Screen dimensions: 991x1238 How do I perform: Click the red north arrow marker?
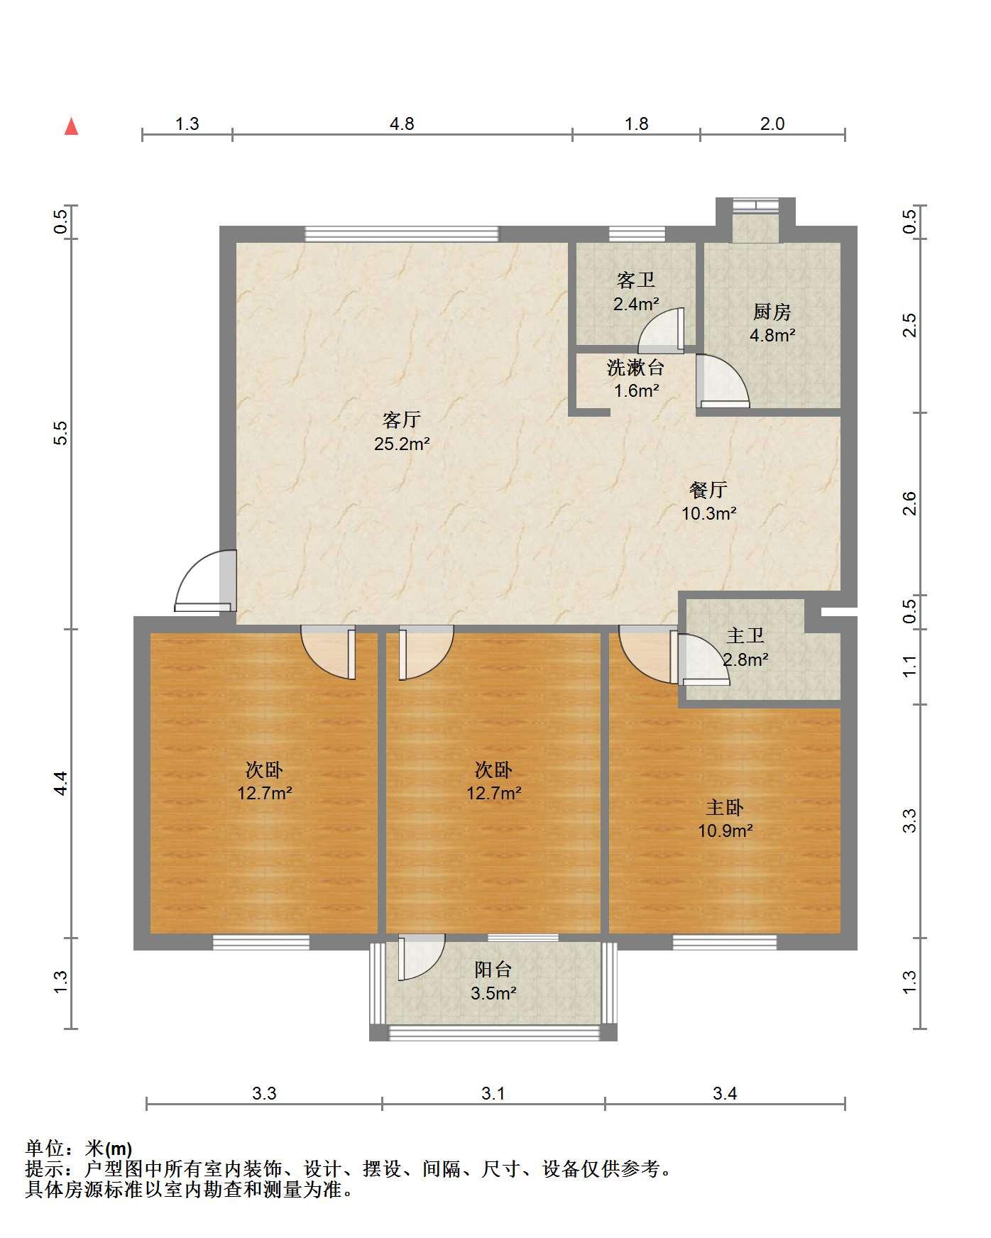[x=71, y=126]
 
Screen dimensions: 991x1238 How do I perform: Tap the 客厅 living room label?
[x=402, y=420]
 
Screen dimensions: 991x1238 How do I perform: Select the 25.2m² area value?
[x=402, y=444]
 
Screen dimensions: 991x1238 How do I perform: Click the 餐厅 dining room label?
[x=708, y=490]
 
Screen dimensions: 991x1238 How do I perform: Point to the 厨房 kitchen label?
[x=772, y=312]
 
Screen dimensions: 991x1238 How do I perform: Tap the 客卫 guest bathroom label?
[x=635, y=280]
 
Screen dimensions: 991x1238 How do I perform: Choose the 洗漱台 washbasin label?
[x=635, y=368]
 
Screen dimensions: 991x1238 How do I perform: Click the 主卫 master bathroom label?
[x=745, y=636]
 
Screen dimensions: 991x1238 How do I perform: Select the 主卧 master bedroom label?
[x=725, y=807]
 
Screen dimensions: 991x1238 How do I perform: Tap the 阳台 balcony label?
[x=493, y=970]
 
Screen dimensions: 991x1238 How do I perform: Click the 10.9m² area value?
[x=725, y=831]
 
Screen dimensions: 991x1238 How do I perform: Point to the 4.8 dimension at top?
[x=402, y=124]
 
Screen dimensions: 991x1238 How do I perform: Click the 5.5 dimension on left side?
[x=61, y=432]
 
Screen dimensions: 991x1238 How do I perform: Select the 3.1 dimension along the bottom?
[x=493, y=1093]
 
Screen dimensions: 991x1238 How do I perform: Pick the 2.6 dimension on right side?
[x=910, y=503]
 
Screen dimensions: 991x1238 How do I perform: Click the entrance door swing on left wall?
[x=205, y=581]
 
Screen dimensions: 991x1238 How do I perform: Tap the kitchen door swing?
[x=723, y=381]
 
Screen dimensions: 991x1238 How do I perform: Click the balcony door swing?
[x=422, y=957]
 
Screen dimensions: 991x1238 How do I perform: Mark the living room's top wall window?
[x=402, y=234]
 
